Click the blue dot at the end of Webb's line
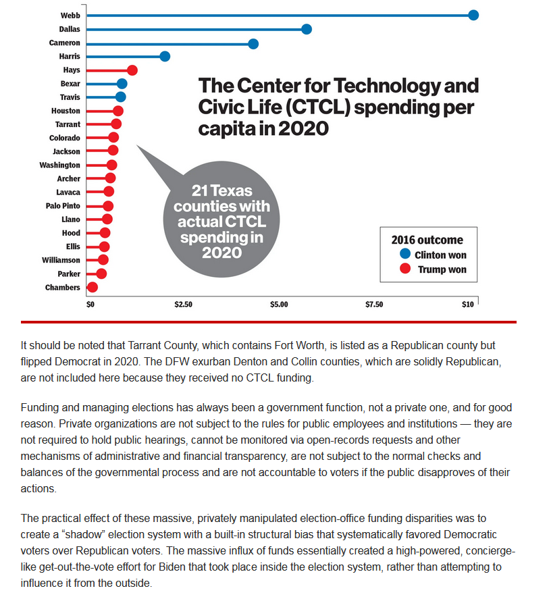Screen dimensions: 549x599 tap(473, 16)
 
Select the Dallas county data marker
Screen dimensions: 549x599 tap(307, 29)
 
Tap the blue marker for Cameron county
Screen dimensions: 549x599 tap(253, 44)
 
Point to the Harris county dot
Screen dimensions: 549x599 tap(165, 57)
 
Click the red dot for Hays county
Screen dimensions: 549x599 tap(132, 70)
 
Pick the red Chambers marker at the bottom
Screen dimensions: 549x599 tap(93, 287)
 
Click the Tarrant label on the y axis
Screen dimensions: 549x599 tap(68, 124)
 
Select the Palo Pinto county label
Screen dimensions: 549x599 tap(63, 206)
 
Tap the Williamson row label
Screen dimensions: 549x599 tap(61, 260)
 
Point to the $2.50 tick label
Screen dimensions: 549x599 tap(184, 305)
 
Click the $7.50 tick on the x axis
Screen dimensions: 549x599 tap(374, 305)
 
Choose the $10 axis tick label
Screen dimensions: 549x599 tap(467, 305)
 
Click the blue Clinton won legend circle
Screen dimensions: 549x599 tap(405, 254)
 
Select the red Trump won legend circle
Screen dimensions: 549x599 tap(405, 269)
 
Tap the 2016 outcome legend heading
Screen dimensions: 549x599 tap(427, 240)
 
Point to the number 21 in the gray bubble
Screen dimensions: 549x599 tap(200, 190)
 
